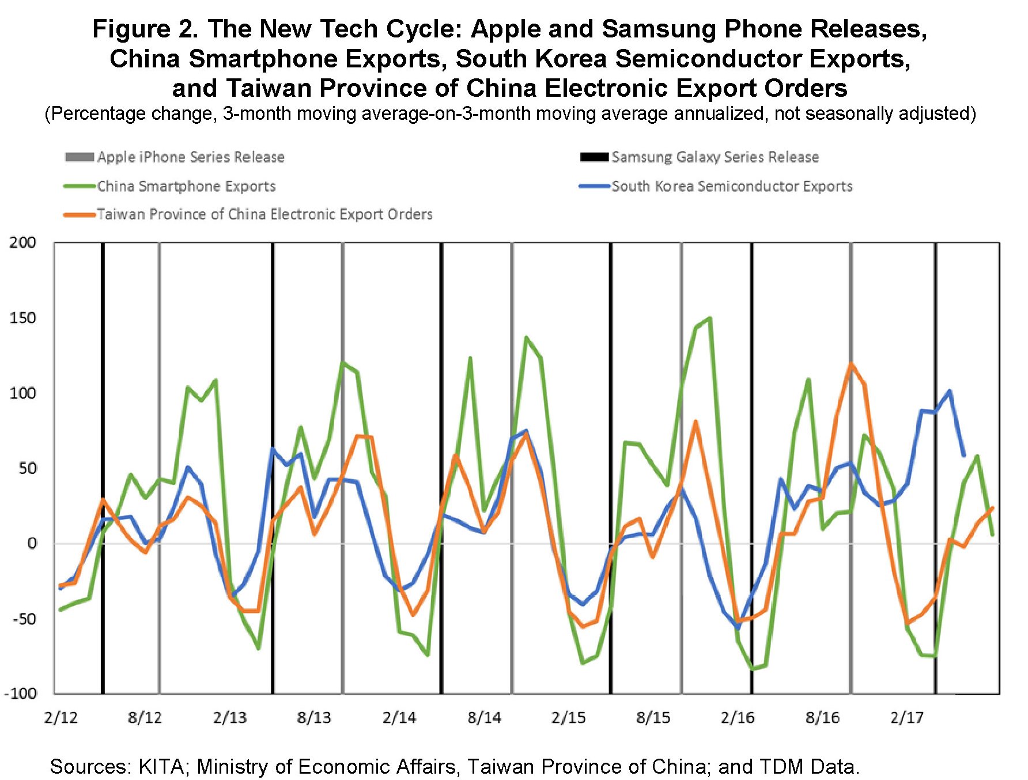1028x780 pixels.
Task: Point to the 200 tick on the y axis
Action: point(23,243)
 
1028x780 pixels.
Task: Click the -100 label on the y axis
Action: point(20,693)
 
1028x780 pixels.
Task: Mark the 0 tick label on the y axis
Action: point(32,543)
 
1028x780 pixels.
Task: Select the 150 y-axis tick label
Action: point(23,318)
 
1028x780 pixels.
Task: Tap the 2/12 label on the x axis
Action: point(61,718)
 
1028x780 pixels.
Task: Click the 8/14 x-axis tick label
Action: point(484,718)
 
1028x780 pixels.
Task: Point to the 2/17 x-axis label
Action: point(906,718)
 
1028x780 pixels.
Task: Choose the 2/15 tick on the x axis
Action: point(569,718)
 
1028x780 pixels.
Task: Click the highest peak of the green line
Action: point(709,318)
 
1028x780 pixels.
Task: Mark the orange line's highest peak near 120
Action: point(851,364)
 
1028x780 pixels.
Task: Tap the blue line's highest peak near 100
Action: point(949,391)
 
